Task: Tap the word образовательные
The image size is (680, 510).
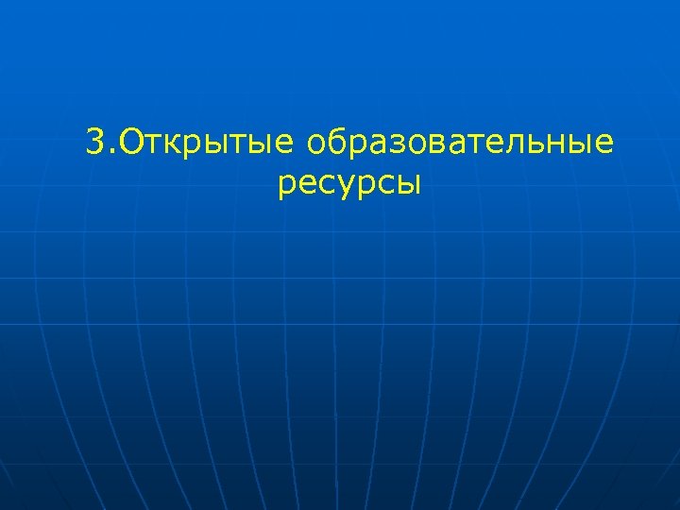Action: pyautogui.click(x=459, y=143)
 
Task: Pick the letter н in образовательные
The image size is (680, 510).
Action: pyautogui.click(x=549, y=145)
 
